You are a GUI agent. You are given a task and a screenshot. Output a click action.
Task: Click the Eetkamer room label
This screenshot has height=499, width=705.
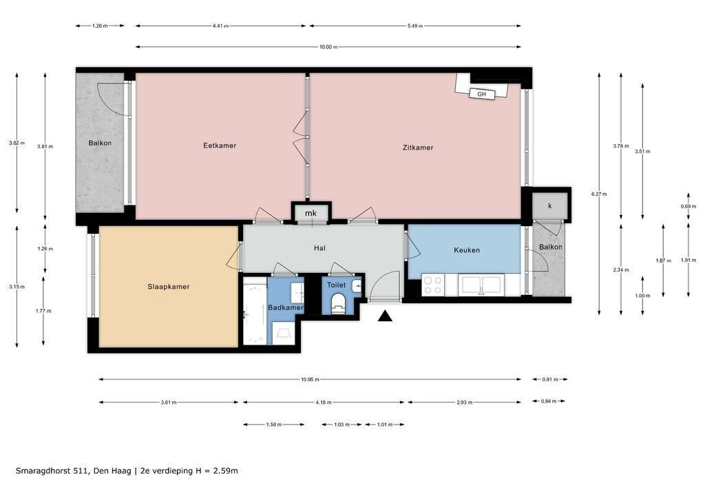click(x=220, y=145)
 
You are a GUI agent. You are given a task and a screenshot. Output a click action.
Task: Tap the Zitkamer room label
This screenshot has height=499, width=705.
click(x=418, y=147)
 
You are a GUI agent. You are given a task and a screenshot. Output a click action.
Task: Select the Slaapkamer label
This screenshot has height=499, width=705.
click(x=168, y=287)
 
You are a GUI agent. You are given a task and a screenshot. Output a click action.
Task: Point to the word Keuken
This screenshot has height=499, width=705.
click(x=466, y=250)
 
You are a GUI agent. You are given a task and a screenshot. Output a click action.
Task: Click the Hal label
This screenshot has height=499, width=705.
click(x=319, y=248)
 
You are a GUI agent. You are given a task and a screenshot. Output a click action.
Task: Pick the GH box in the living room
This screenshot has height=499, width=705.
click(x=481, y=94)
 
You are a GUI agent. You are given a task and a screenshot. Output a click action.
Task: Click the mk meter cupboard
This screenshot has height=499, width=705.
click(x=311, y=213)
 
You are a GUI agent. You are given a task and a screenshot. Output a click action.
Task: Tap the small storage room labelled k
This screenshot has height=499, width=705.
click(x=549, y=205)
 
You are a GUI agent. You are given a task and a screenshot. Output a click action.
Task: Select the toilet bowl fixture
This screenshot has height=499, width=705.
click(x=337, y=303)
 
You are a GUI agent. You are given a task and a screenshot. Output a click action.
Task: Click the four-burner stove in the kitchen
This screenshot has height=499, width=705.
click(x=432, y=285)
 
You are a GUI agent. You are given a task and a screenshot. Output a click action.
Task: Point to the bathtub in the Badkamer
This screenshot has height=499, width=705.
click(x=255, y=311)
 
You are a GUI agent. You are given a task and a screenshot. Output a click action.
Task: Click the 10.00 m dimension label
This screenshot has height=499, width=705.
click(x=328, y=47)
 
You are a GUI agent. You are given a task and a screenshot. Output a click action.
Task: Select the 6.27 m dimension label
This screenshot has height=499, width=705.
click(x=599, y=194)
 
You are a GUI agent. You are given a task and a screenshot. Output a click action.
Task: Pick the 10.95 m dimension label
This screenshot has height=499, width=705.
click(x=310, y=379)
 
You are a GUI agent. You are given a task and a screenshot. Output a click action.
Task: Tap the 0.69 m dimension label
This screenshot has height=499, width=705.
click(x=688, y=207)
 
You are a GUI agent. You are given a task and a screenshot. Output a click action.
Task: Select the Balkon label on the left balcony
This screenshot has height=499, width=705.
click(x=100, y=143)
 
